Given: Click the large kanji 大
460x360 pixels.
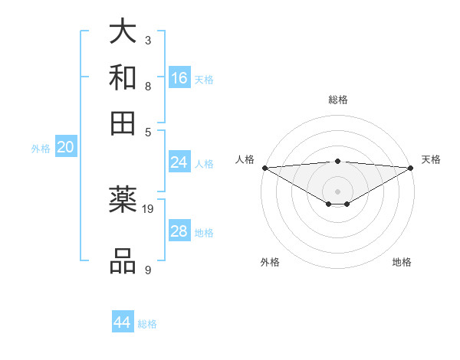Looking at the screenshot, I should pyautogui.click(x=123, y=33).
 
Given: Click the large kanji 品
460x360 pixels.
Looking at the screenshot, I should pyautogui.click(x=123, y=261).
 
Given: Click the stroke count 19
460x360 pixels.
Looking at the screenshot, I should pyautogui.click(x=148, y=208).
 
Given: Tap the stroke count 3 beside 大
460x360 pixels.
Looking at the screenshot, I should pyautogui.click(x=148, y=40).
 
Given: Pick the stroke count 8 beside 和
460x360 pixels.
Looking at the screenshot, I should pyautogui.click(x=148, y=86).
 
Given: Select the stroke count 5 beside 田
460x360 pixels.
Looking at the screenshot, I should pyautogui.click(x=148, y=130).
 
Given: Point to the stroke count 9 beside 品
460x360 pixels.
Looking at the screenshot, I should pyautogui.click(x=148, y=270).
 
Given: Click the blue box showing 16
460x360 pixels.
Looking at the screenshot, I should pyautogui.click(x=179, y=77).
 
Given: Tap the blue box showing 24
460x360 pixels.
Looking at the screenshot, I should pyautogui.click(x=179, y=162).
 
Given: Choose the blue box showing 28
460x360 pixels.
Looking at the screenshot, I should pyautogui.click(x=179, y=231).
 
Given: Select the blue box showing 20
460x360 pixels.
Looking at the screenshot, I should pyautogui.click(x=65, y=148).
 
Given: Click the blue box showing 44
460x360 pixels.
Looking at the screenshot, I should pyautogui.click(x=123, y=322).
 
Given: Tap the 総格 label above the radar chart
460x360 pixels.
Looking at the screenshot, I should pyautogui.click(x=338, y=100).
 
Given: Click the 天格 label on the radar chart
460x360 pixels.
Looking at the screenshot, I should pyautogui.click(x=432, y=159).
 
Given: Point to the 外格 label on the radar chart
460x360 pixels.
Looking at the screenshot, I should pyautogui.click(x=270, y=263).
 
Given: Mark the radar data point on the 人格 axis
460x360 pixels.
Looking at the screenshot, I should pyautogui.click(x=264, y=168).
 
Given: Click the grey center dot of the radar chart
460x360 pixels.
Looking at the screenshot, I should pyautogui.click(x=338, y=191).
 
